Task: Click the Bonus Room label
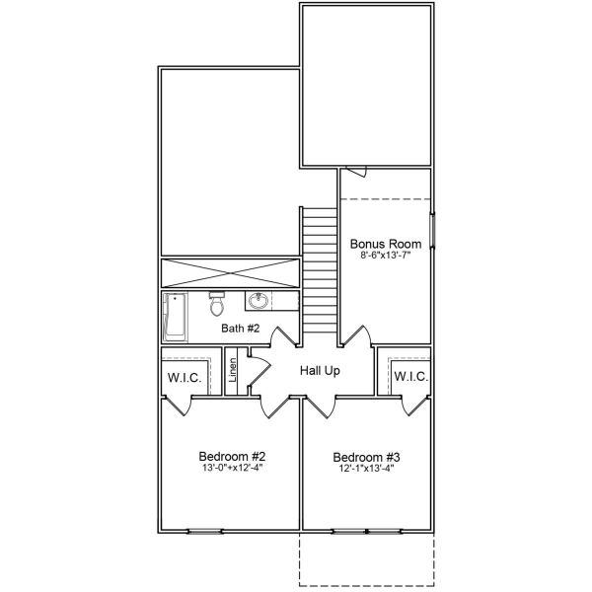(x=386, y=244)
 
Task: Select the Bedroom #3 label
(x=366, y=457)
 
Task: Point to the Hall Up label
(x=320, y=370)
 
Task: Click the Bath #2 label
(x=240, y=329)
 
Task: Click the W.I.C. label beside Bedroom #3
(x=409, y=376)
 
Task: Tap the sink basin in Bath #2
(x=260, y=300)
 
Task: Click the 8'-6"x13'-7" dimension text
(x=386, y=256)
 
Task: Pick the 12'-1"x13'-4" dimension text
(x=366, y=469)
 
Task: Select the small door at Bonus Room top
(x=359, y=172)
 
